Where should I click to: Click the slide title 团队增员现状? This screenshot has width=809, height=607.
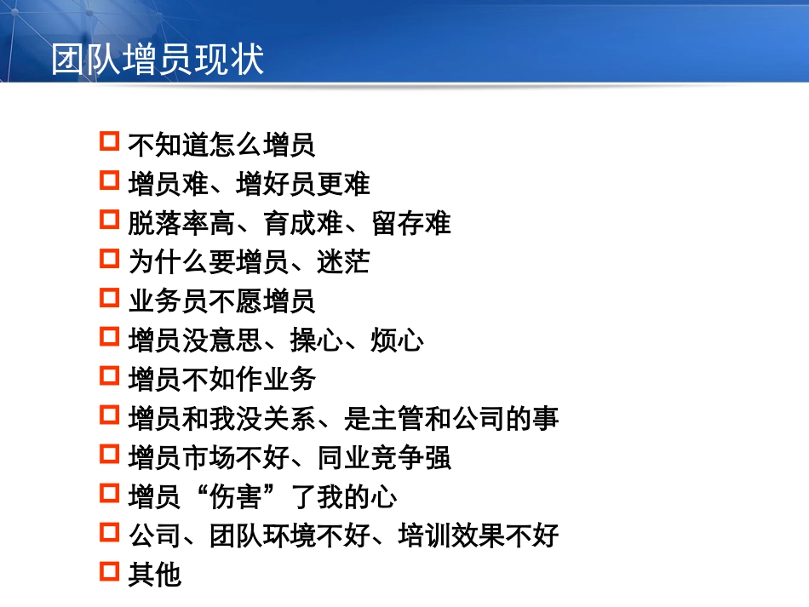click(158, 60)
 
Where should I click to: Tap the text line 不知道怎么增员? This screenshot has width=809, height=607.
click(221, 145)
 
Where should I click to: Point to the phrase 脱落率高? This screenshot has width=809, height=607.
click(181, 223)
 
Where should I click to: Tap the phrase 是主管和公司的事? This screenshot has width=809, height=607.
click(451, 419)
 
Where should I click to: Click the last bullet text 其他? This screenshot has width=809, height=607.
click(154, 576)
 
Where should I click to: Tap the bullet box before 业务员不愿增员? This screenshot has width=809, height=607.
click(109, 298)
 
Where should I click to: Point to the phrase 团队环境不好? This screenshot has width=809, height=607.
click(290, 536)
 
